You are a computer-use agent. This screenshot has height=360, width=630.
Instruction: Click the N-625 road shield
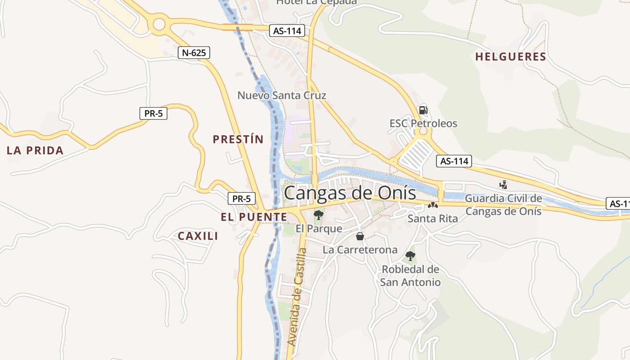[194, 53]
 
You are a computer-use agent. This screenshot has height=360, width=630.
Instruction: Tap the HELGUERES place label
[510, 57]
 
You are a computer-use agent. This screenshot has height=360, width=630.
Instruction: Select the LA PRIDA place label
[35, 150]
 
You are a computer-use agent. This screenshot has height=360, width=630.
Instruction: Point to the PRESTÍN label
[238, 139]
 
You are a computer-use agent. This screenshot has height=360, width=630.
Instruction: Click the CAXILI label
[198, 236]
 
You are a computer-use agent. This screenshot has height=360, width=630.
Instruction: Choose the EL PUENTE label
[254, 217]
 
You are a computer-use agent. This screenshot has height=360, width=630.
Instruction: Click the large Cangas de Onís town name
[350, 193]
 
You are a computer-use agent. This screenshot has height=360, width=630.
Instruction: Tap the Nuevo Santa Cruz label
[282, 95]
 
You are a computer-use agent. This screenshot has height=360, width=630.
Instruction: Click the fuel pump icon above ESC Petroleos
[423, 110]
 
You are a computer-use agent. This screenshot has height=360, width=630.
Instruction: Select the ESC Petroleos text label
[423, 123]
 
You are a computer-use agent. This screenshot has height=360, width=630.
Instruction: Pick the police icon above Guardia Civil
[504, 184]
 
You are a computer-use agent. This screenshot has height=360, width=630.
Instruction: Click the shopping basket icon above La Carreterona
[360, 236]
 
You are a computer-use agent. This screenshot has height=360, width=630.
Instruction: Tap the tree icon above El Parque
[319, 215]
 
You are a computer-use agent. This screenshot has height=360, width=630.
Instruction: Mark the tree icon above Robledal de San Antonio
[410, 256]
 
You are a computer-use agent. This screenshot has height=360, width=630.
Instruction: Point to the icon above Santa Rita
[433, 205]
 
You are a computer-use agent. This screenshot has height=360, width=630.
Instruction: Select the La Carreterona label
[360, 250]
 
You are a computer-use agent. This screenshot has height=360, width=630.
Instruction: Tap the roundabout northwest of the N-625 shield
[159, 25]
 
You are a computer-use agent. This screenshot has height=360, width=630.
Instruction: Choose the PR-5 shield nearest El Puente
[241, 198]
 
